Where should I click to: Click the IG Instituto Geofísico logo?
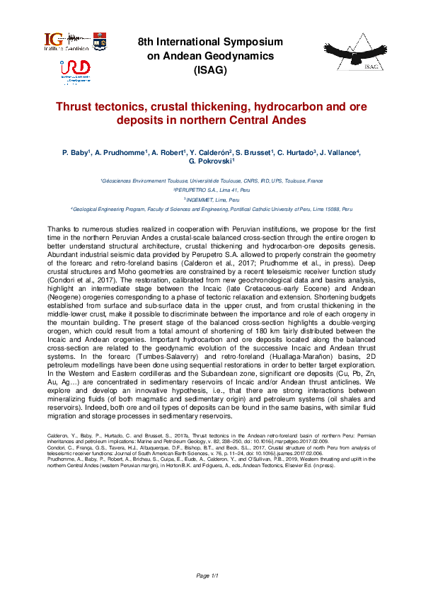tap(67, 41)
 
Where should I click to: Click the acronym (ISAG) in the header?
tap(210, 69)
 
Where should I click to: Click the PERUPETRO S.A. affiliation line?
tap(211, 190)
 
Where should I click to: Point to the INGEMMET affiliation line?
tap(211, 200)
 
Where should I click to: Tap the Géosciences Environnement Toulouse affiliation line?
tap(211, 181)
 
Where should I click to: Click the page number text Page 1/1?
tap(210, 576)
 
